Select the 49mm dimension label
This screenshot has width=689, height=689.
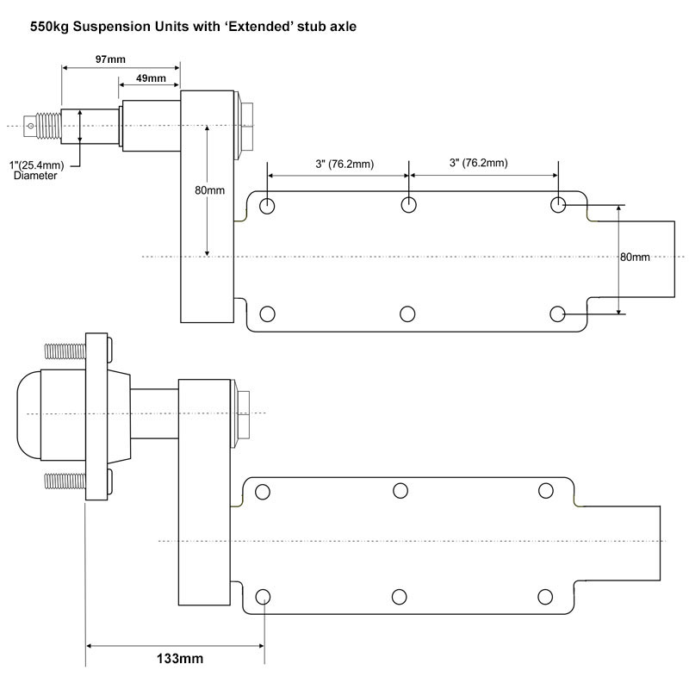tap(151, 78)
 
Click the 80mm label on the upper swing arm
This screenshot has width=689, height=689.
tap(209, 190)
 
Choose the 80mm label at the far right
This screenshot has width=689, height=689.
tap(635, 257)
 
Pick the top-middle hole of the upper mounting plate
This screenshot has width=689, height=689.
tap(409, 205)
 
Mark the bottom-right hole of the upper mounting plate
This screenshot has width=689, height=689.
tap(558, 313)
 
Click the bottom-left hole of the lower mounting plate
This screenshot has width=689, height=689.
tap(263, 596)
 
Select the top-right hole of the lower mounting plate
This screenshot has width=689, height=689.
tap(546, 490)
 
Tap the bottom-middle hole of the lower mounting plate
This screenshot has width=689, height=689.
tap(400, 596)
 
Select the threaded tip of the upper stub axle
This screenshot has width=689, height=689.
tap(42, 127)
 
